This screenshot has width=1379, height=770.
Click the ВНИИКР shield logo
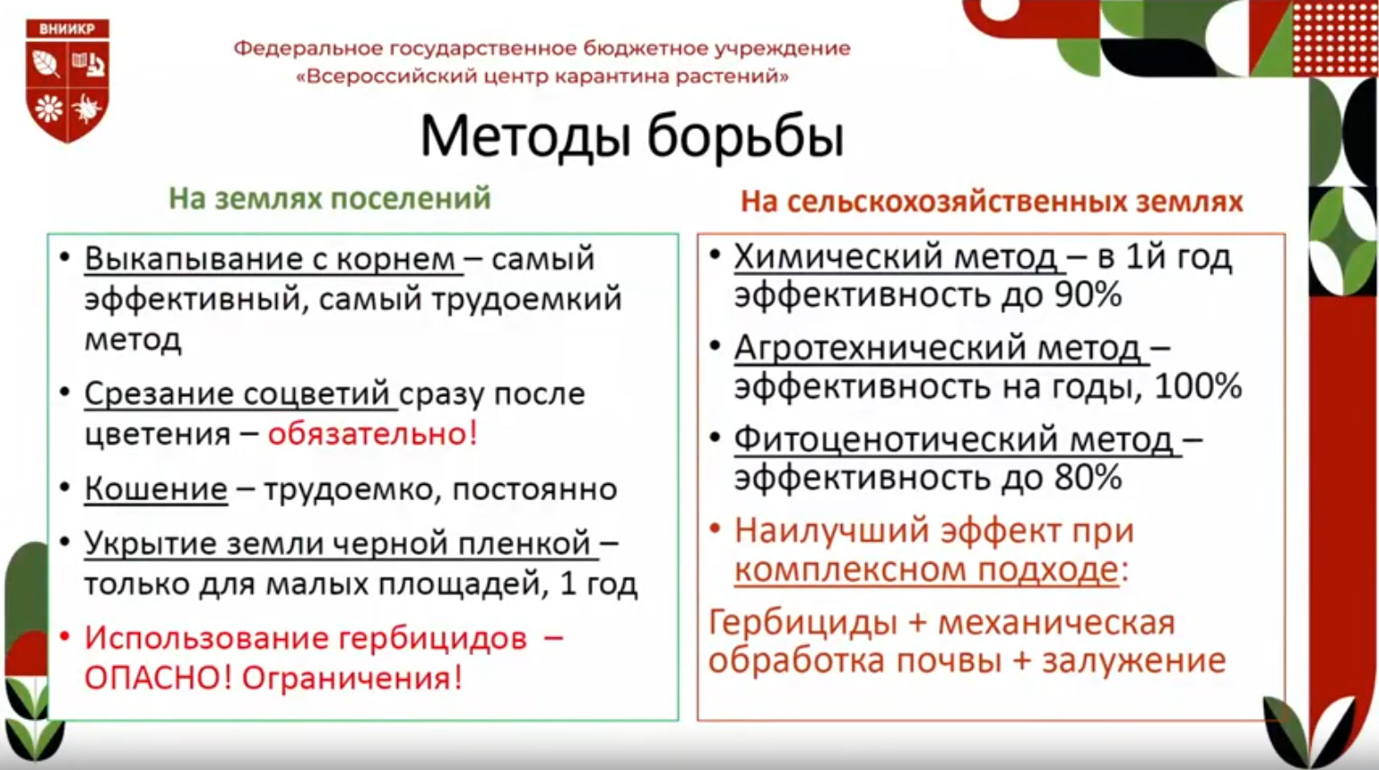pyautogui.click(x=68, y=80)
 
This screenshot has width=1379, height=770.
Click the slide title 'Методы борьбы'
pyautogui.click(x=631, y=136)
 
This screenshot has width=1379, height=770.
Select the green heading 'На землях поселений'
pyautogui.click(x=330, y=199)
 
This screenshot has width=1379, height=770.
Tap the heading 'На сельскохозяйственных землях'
pyautogui.click(x=992, y=202)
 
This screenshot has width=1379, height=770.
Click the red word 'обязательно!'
pyautogui.click(x=373, y=434)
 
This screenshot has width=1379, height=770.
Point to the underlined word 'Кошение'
pyautogui.click(x=156, y=489)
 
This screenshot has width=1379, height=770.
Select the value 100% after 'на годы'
pyautogui.click(x=1198, y=387)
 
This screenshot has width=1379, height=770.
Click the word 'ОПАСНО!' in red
pyautogui.click(x=158, y=679)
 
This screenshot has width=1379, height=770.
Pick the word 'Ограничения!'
pyautogui.click(x=351, y=679)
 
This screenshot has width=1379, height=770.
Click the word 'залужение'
pyautogui.click(x=1134, y=661)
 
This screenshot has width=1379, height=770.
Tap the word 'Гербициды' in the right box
pyautogui.click(x=802, y=623)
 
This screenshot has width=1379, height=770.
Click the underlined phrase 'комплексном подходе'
pyautogui.click(x=926, y=569)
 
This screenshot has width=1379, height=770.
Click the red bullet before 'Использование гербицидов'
pyautogui.click(x=64, y=638)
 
